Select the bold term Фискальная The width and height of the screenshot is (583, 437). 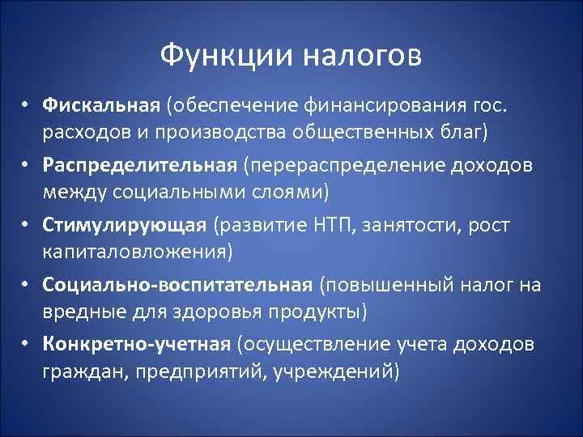tap(103, 104)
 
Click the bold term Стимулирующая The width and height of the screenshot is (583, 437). tap(120, 224)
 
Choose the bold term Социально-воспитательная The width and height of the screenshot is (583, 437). tap(177, 284)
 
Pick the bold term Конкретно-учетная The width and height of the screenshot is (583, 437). tap(137, 344)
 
